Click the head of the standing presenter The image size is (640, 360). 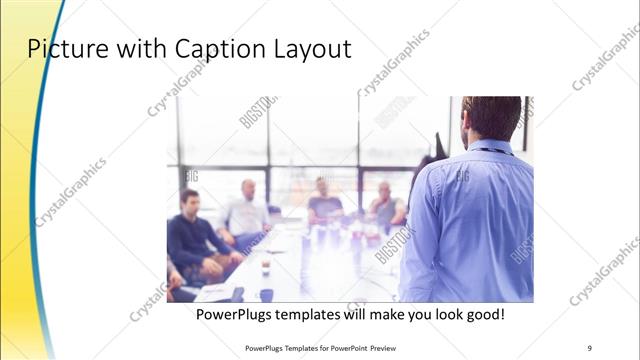tap(491, 118)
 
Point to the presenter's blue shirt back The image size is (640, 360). tap(470, 220)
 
